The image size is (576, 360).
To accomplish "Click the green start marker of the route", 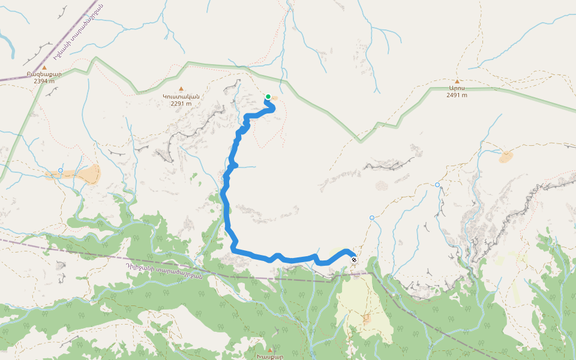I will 268,96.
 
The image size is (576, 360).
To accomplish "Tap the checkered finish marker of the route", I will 354,260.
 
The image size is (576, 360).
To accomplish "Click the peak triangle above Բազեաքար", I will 44,68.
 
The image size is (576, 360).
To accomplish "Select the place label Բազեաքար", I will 44,74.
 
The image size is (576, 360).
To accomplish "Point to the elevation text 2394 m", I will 44,81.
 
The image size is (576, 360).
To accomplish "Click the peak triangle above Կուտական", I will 181,89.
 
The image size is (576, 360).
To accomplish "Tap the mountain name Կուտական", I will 181,96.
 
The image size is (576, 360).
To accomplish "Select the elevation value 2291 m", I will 181,103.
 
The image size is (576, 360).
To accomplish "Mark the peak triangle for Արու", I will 457,81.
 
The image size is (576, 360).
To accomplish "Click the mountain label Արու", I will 457,88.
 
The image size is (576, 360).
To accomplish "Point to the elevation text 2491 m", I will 457,95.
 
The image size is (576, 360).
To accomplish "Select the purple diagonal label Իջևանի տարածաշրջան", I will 79,31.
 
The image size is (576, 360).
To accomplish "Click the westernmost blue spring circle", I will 61,170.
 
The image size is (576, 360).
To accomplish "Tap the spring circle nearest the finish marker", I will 372,218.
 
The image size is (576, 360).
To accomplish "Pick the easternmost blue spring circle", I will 437,185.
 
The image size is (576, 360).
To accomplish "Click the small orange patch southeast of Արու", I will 506,157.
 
